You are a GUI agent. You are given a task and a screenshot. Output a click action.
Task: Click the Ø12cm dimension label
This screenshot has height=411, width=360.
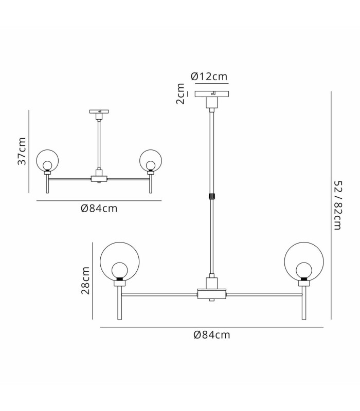coord(209,77)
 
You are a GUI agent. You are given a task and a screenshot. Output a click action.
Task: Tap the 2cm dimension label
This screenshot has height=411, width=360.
coord(181,94)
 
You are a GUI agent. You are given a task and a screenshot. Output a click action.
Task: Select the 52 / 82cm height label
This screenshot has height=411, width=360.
coord(338,205)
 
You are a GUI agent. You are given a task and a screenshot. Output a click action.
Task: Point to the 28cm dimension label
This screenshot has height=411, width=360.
coord(85,281)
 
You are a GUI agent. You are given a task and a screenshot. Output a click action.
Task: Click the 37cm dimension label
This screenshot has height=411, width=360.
coord(22,151)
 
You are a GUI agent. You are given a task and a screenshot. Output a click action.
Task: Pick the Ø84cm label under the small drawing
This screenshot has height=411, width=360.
coord(99,209)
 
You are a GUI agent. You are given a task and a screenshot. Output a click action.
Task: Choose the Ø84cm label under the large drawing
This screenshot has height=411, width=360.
coord(212,335)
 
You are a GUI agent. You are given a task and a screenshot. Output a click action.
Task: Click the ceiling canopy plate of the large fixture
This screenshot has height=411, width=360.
coord(212,94)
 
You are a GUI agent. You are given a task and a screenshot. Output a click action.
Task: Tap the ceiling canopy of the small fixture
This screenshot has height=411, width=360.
coord(99,111)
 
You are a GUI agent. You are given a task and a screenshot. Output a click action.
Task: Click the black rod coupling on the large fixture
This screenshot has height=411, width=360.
coord(212,196)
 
